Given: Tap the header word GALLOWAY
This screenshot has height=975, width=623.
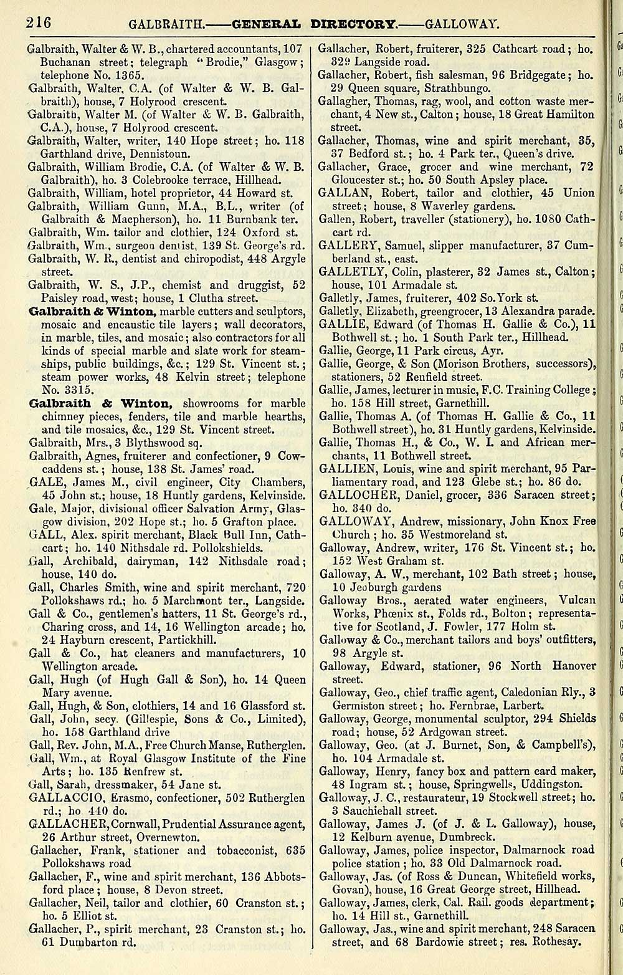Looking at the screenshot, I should coord(462,26).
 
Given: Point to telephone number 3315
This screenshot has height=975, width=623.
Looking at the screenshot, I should coord(68,390).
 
